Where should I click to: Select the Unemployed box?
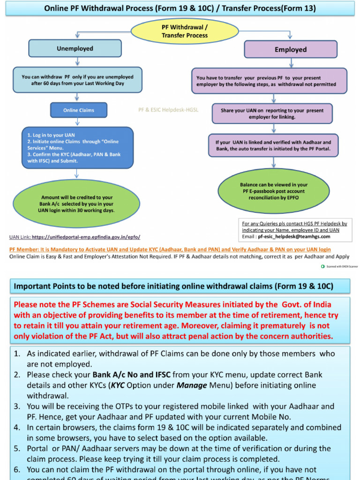coord(75,49)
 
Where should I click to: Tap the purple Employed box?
coord(291,49)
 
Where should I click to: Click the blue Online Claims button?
coord(79,110)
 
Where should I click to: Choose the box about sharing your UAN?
coord(272,114)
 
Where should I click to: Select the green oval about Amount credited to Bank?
coord(77,204)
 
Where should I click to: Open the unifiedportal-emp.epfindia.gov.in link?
coord(86,237)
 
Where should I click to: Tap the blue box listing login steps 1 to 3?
coord(77,148)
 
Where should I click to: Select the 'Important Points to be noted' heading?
coord(173,286)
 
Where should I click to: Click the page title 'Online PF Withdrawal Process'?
coord(180,8)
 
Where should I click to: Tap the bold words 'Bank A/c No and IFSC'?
coord(131,375)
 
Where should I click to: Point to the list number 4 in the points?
coord(17,427)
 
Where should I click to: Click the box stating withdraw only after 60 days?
coord(77,80)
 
